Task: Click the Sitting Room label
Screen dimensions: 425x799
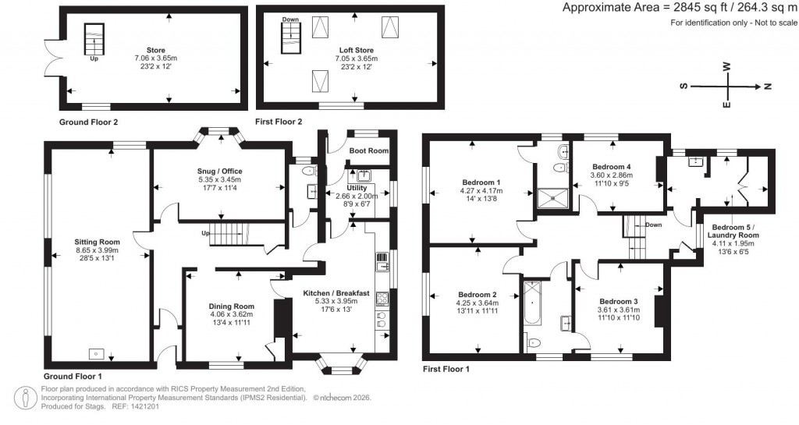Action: point(97,243)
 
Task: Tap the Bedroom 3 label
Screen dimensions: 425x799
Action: point(619,301)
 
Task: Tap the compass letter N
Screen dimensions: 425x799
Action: point(768,87)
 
